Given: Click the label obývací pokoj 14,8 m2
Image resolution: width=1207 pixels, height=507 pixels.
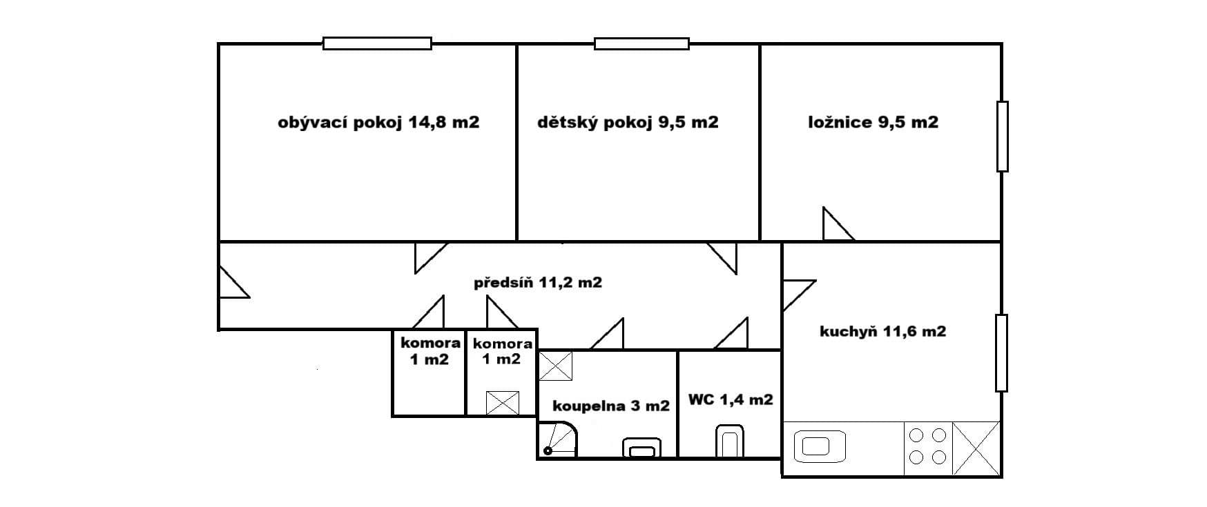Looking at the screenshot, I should tap(378, 123).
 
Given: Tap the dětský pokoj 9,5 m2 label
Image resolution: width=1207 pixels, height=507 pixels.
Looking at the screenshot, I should tap(628, 123).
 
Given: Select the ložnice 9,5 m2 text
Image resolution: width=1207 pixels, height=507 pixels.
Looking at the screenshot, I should tap(873, 123).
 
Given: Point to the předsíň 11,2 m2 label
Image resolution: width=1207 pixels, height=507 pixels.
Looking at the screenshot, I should tap(537, 282).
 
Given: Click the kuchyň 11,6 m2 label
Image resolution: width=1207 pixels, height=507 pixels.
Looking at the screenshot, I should tap(882, 332).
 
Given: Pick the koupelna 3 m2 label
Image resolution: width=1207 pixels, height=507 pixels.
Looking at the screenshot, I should tap(611, 406).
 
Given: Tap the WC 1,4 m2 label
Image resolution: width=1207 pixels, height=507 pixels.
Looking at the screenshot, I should tap(731, 399).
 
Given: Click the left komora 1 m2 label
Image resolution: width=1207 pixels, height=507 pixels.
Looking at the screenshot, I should tap(430, 351).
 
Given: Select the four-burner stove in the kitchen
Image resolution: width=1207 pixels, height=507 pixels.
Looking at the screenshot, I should tap(928, 446).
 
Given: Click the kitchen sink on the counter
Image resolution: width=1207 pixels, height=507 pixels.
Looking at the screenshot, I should tap(820, 447).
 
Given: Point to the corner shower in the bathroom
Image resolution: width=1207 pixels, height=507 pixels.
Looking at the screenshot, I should tap(559, 440).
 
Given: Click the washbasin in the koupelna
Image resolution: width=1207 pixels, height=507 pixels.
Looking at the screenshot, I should tap(641, 448).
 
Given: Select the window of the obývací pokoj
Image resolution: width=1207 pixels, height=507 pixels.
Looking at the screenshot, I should tap(377, 43).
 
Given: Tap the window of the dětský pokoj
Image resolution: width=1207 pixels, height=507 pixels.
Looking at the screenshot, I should tap(641, 43).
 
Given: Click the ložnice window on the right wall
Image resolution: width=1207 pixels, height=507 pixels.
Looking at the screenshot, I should tap(1002, 136).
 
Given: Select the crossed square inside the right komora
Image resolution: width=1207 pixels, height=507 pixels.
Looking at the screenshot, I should tap(502, 403).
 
